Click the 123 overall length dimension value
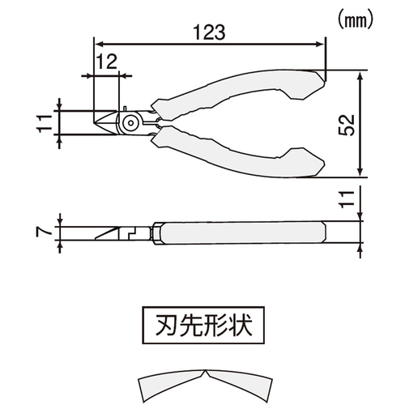click(209, 32)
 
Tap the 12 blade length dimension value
click(107, 62)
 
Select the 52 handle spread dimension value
click(347, 125)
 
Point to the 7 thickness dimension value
click(43, 232)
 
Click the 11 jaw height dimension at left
click(45, 123)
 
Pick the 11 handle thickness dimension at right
click(347, 199)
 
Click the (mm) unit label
click(356, 20)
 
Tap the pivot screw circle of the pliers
click(131, 123)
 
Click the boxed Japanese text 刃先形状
click(204, 325)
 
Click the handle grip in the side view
click(243, 232)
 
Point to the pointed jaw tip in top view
click(94, 123)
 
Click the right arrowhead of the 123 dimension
click(321, 44)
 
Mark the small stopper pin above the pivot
click(125, 109)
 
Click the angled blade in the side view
click(107, 233)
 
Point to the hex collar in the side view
click(156, 233)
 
